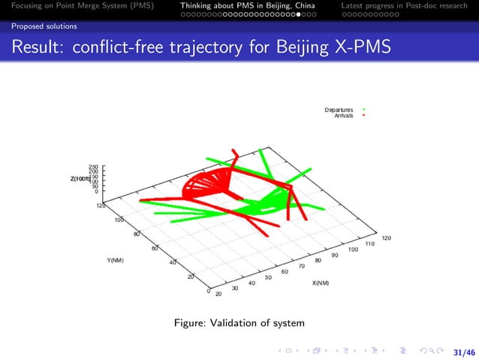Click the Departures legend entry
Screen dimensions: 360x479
coord(339,110)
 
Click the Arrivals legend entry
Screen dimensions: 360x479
coord(344,116)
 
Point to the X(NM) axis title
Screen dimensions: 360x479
coord(321,283)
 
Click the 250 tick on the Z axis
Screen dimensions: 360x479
coord(94,167)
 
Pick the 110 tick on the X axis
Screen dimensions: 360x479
coord(369,244)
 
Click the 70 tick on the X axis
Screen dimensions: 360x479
coord(301,266)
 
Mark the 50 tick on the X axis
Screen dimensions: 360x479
coord(268,277)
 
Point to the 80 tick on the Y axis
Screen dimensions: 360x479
coord(137,234)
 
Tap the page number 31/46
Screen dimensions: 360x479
coord(465,352)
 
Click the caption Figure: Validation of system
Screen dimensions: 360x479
coord(239,323)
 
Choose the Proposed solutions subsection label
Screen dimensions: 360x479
coord(38,26)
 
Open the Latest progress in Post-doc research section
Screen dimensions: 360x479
coord(404,6)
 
